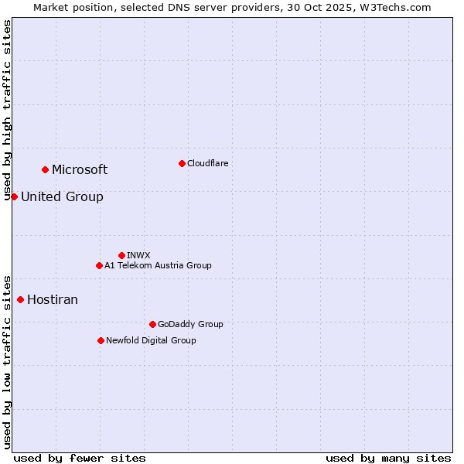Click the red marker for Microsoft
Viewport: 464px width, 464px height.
click(45, 169)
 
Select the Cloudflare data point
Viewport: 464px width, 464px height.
click(182, 163)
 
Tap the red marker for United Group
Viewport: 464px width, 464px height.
click(14, 196)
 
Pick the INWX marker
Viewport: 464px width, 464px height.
click(121, 255)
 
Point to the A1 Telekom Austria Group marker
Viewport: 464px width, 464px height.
click(99, 265)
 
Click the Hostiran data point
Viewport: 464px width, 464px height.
click(20, 299)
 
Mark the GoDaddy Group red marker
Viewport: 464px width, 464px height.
click(152, 324)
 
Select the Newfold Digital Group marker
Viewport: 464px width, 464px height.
click(101, 340)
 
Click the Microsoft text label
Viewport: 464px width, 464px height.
click(80, 170)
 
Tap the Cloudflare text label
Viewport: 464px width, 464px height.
click(207, 163)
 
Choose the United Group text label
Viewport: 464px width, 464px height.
click(62, 197)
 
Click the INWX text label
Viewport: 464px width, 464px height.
click(138, 255)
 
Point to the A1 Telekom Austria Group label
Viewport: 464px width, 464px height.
click(158, 265)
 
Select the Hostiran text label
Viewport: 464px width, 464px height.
click(53, 300)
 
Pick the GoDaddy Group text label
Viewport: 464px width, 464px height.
click(190, 324)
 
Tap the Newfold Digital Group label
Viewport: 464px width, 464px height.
click(151, 340)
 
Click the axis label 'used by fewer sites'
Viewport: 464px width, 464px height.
click(80, 458)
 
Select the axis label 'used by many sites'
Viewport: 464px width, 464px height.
click(388, 458)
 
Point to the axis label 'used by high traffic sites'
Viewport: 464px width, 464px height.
click(7, 111)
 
